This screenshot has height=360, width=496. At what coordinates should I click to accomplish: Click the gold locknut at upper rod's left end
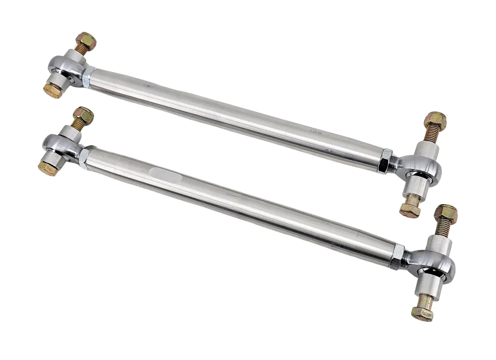pyautogui.click(x=87, y=40)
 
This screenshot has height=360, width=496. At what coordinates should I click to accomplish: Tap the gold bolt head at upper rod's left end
pyautogui.click(x=53, y=91)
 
